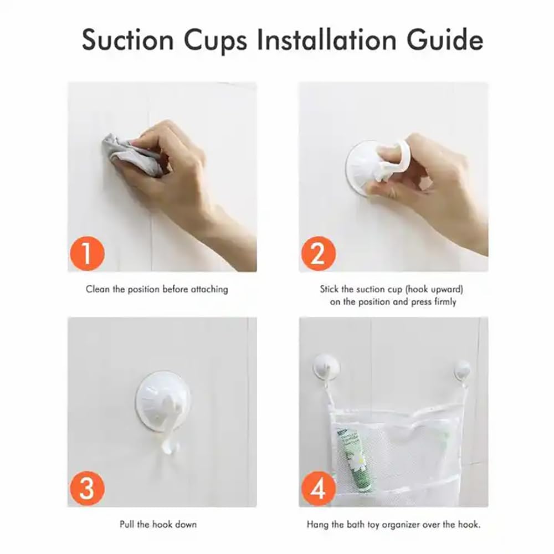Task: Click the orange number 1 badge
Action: click(87, 253)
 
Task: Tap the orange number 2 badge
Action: click(319, 253)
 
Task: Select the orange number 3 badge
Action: click(87, 489)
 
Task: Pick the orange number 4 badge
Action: click(319, 489)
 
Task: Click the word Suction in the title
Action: click(127, 40)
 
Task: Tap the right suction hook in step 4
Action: click(462, 370)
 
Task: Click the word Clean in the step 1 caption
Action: click(98, 289)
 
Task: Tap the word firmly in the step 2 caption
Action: click(445, 302)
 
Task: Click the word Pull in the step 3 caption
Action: click(126, 524)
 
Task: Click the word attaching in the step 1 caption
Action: click(209, 290)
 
